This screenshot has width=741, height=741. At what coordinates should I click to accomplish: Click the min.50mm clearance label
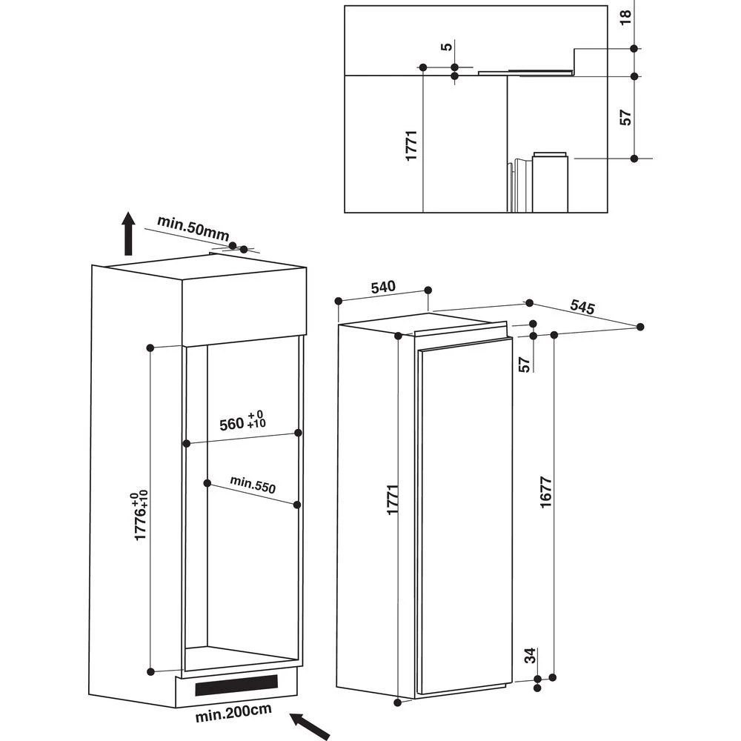pos(193,228)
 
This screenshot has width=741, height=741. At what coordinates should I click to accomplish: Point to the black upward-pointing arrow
pos(128,233)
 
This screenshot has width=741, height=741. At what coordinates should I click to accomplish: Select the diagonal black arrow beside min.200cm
pos(309,725)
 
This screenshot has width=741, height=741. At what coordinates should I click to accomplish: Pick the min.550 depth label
pos(252,484)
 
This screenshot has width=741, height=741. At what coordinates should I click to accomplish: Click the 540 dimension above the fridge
pos(383,287)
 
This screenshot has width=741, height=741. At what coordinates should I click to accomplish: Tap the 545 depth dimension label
pos(582,307)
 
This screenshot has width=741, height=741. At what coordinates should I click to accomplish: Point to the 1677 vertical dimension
pos(545,492)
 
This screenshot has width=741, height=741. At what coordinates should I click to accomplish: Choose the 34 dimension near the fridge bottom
pos(529,655)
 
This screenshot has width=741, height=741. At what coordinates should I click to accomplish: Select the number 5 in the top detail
pos(445,47)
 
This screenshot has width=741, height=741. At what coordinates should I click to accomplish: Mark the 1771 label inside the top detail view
pos(413,145)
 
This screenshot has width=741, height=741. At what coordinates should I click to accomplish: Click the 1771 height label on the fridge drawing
pos(392,499)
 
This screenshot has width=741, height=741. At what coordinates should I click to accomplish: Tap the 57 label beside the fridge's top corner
pos(524,364)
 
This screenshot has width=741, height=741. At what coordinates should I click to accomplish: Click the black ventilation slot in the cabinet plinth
pos(236,685)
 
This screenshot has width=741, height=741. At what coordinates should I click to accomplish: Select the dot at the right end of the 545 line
pos(640,327)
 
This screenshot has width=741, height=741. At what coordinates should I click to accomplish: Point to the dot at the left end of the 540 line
pos(338,301)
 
